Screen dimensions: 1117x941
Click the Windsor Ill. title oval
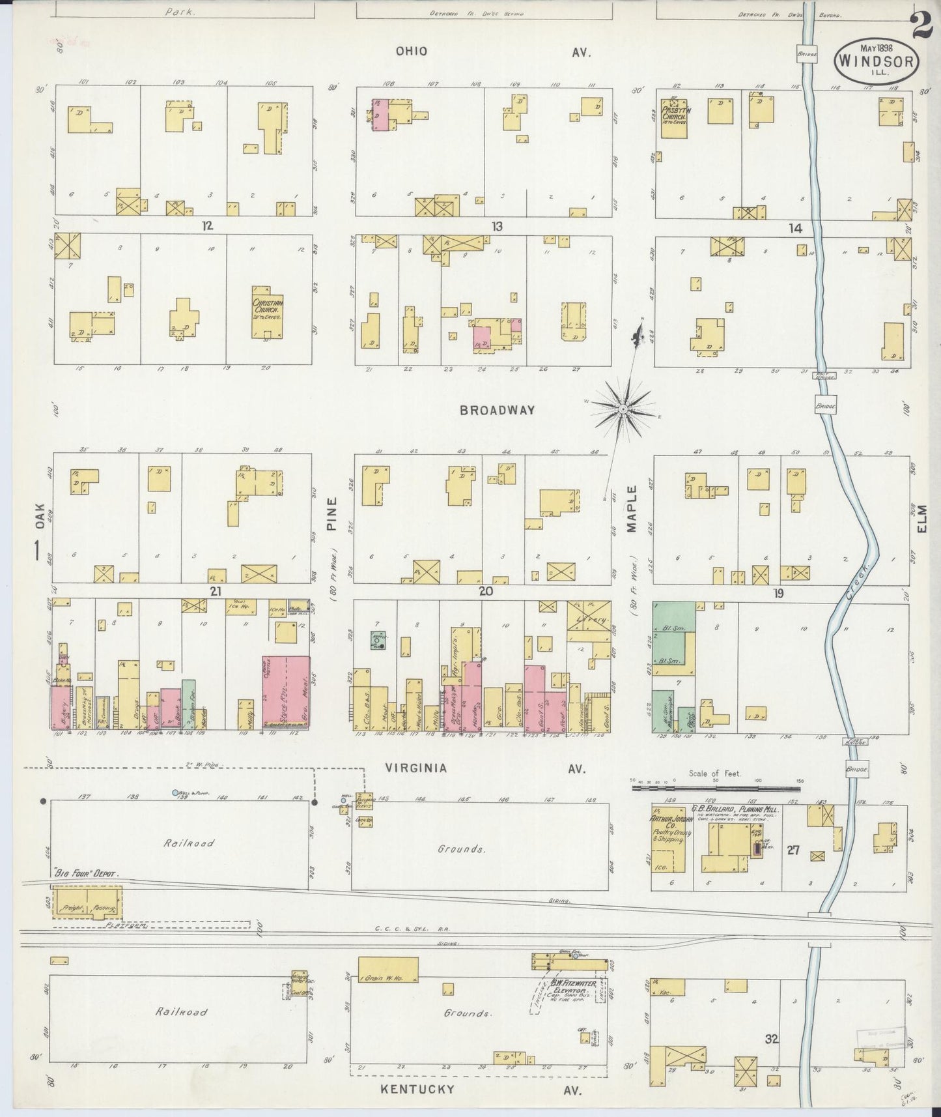877,60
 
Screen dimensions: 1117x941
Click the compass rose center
623,409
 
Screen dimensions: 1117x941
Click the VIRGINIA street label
416,768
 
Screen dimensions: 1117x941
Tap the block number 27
793,850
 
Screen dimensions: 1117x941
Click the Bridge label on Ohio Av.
808,55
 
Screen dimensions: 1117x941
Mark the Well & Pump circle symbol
175,792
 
